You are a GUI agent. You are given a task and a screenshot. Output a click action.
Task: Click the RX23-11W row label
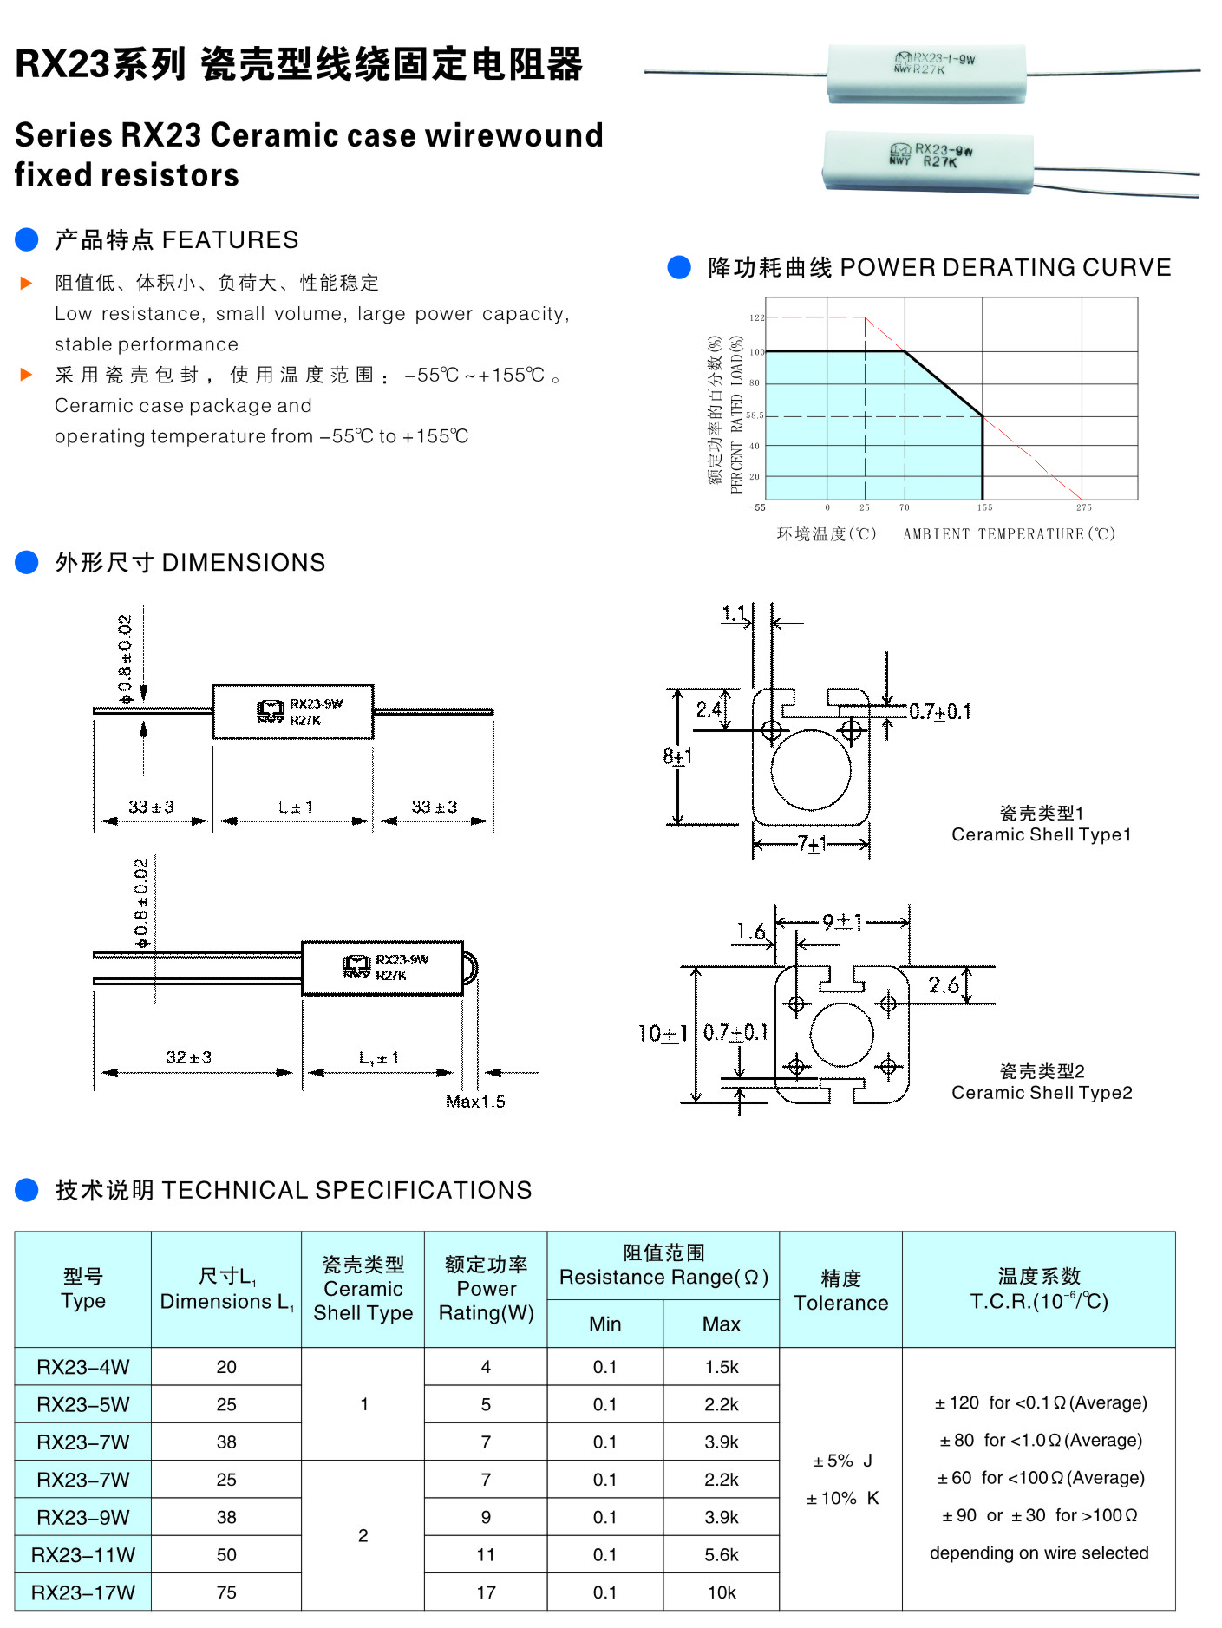tap(83, 1554)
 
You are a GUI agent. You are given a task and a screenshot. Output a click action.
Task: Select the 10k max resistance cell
tap(721, 1592)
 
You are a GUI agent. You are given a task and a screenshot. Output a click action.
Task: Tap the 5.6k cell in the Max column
tap(721, 1554)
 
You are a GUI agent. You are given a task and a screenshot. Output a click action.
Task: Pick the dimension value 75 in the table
tap(226, 1592)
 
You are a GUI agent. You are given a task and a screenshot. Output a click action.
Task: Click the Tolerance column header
tap(840, 1290)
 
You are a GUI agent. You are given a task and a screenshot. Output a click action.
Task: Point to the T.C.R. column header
tap(1038, 1289)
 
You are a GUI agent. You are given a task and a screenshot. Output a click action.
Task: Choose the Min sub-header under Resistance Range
tap(604, 1324)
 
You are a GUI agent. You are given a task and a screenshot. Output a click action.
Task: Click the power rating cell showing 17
tap(486, 1592)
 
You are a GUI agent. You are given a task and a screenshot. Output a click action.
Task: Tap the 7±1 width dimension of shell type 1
tap(812, 844)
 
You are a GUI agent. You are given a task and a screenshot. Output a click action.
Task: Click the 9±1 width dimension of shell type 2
tap(841, 922)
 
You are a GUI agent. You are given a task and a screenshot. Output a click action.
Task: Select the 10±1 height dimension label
tap(663, 1033)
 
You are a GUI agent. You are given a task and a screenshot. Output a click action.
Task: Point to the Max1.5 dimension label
tap(475, 1102)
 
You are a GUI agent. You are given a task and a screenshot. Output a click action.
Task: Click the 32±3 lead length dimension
tap(188, 1057)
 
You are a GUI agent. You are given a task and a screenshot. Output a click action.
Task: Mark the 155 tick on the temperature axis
tap(984, 507)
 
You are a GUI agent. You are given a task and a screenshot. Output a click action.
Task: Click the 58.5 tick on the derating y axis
tap(755, 415)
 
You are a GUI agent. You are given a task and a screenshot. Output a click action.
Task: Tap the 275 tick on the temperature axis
tap(1083, 507)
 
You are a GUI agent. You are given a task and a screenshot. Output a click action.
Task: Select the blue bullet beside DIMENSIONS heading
tap(27, 562)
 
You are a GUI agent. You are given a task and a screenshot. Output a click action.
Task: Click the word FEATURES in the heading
tap(230, 239)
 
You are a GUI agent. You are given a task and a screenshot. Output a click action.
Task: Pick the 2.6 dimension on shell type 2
tap(944, 984)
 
